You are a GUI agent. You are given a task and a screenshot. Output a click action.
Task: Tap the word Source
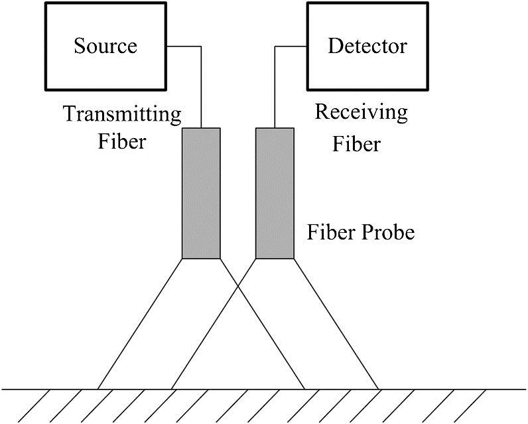coord(105,46)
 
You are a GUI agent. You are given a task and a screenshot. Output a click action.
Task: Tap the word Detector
coord(367,46)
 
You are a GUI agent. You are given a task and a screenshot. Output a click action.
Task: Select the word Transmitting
coord(122,115)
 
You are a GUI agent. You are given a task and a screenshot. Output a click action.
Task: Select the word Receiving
coord(361,112)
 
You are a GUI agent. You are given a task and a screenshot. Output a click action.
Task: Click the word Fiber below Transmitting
coord(121,141)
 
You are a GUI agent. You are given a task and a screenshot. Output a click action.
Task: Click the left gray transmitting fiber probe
coord(201,192)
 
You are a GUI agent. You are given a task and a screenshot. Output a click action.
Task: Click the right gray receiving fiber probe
coord(275,192)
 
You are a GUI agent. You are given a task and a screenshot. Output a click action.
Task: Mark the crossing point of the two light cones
coord(238,286)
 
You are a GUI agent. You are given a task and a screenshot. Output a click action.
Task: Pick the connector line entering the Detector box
coord(290,46)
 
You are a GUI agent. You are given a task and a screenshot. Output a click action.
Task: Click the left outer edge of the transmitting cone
coord(141,322)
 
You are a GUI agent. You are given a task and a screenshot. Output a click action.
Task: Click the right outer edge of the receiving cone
coord(336,322)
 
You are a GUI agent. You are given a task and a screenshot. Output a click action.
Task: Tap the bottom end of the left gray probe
coord(201,257)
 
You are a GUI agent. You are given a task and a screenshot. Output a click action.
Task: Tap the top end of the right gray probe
coord(275,129)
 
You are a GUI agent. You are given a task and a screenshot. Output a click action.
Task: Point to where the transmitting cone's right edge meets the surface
coord(304,388)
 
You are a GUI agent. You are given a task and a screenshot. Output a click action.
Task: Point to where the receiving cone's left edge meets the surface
coord(172,388)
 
